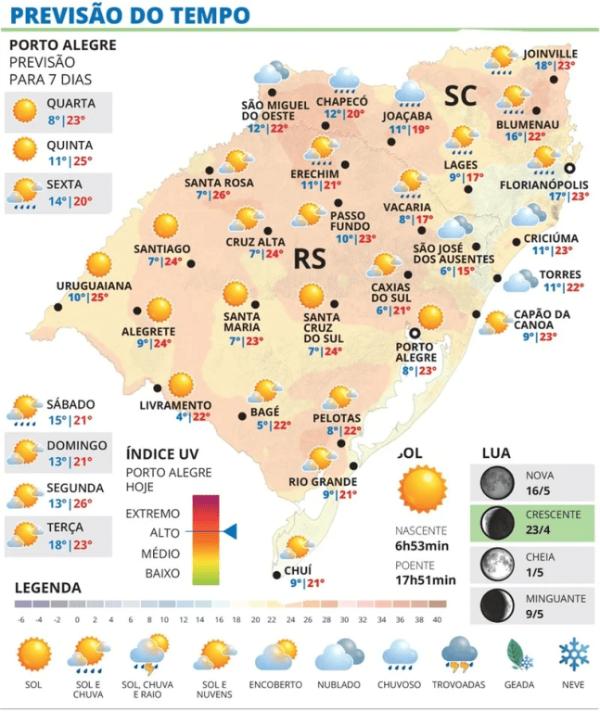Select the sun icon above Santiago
coord(165,226)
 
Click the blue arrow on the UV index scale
coord(230,531)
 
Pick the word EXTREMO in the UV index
coord(153,513)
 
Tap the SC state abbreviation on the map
coord(459,95)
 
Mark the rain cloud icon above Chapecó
coord(346,79)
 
